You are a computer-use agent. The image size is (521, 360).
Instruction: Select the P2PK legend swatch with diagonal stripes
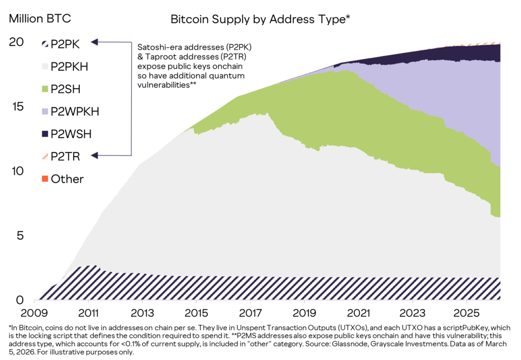44,44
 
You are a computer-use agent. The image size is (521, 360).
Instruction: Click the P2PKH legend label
71,67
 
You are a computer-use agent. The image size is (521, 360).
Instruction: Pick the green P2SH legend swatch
44,89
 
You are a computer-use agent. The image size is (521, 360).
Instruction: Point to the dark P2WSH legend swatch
44,134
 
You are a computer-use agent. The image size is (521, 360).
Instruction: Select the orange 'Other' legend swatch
44,178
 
